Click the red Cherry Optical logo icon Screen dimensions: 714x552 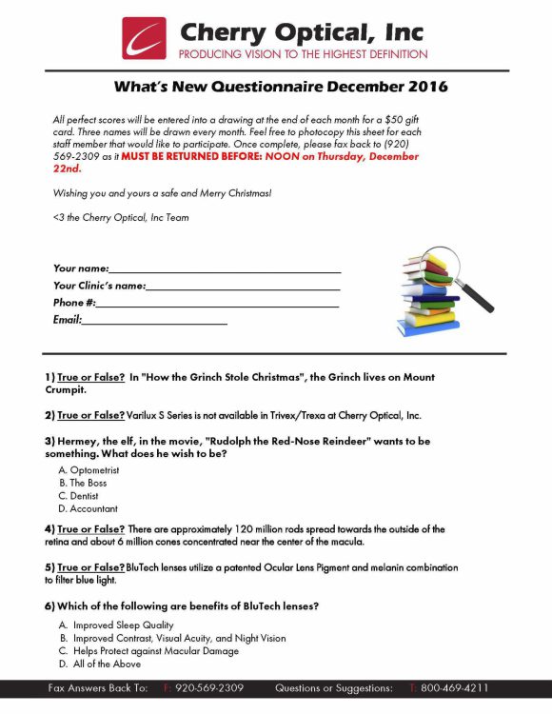point(144,38)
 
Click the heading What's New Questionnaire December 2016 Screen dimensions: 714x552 point(281,87)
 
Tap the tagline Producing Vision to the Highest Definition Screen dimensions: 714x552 point(303,54)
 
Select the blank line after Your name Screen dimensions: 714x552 point(225,269)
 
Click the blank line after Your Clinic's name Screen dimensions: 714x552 point(243,286)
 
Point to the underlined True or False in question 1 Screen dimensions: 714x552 point(91,377)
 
